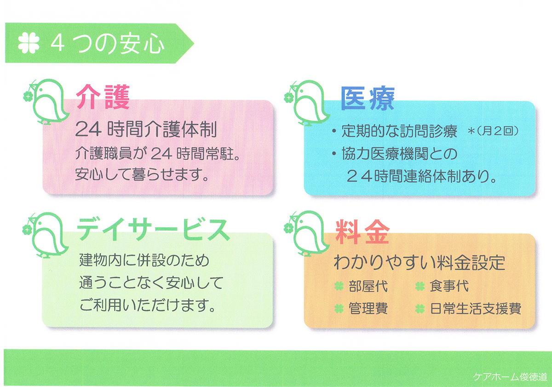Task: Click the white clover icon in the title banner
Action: tap(29, 43)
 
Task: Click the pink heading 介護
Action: tap(103, 97)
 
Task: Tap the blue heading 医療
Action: tap(368, 98)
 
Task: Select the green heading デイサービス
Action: tap(153, 229)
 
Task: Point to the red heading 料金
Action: tap(362, 232)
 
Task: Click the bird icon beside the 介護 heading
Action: tap(46, 102)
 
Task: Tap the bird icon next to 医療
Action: tap(307, 103)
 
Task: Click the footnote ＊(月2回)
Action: tap(493, 131)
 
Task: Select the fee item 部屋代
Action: tap(368, 286)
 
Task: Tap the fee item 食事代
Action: tap(449, 286)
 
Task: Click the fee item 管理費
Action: tap(368, 308)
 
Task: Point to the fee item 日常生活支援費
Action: tap(476, 308)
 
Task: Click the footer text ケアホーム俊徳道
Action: tap(510, 377)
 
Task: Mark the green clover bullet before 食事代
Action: tap(420, 286)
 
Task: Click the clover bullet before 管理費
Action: tap(339, 309)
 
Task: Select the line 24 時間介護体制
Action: tap(146, 129)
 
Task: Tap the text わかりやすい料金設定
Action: tap(420, 262)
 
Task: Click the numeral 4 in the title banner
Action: tap(57, 44)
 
